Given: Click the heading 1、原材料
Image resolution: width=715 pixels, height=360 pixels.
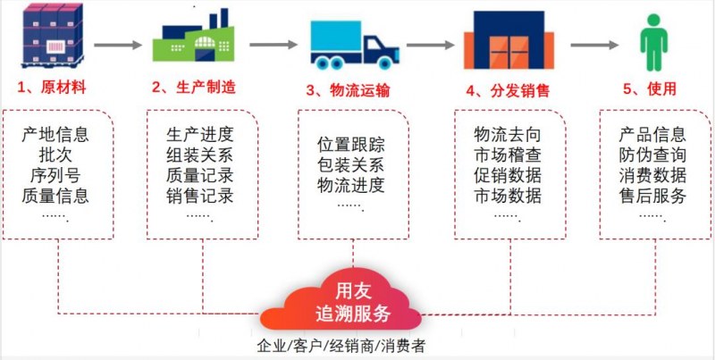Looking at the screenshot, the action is (52, 88).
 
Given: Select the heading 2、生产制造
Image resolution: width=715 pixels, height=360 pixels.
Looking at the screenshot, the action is (194, 87).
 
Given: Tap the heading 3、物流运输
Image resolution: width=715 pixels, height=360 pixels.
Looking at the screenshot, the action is (348, 89).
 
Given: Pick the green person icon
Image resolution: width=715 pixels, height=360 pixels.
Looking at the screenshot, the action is (654, 42).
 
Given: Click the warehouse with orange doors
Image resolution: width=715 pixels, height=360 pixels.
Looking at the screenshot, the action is (509, 39).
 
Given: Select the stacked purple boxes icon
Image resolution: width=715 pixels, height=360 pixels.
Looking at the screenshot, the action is (52, 36).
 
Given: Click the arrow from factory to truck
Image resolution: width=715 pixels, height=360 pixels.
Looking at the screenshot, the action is (273, 45).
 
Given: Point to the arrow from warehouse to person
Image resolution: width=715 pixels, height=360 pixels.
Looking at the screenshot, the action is (594, 46).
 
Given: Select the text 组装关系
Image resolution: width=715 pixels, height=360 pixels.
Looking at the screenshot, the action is (199, 155).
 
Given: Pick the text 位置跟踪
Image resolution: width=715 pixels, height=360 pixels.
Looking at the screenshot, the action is (351, 145).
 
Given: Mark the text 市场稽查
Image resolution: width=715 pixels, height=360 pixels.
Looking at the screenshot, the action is (508, 155).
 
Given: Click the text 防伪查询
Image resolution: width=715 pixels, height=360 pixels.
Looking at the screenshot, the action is (652, 155).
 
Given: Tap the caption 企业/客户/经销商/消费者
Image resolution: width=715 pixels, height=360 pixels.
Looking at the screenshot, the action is (341, 347).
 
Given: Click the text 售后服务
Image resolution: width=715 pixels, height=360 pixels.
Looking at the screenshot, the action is (652, 196).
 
